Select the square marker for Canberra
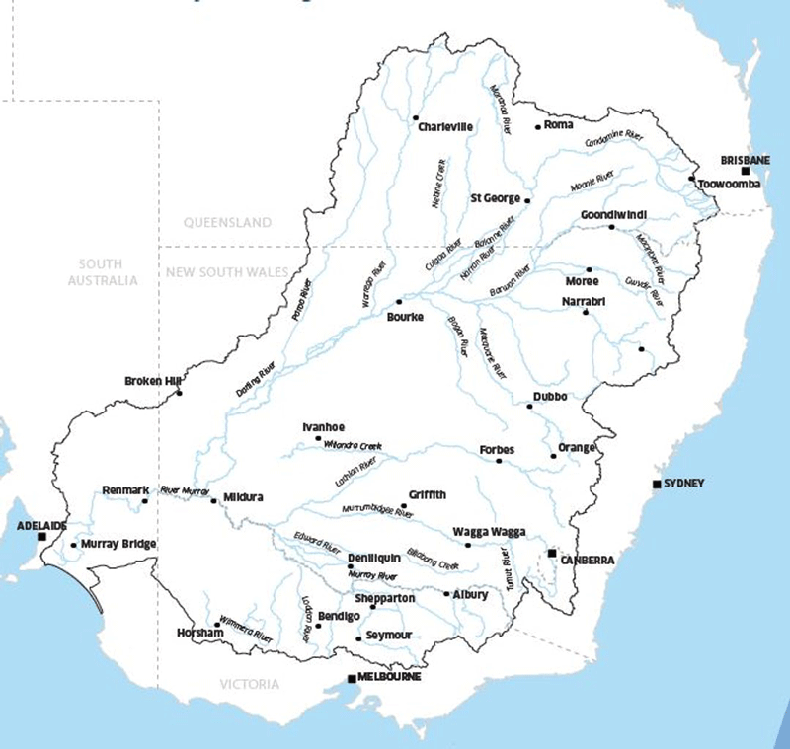click(x=553, y=553)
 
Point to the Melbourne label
click(x=391, y=677)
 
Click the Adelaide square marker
click(x=41, y=537)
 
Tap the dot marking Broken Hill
click(x=179, y=393)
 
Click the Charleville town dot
click(x=416, y=117)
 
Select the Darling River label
click(x=254, y=378)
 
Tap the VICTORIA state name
click(x=249, y=684)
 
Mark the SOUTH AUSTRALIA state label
click(x=102, y=272)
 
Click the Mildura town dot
click(x=213, y=500)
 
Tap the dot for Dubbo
click(x=529, y=406)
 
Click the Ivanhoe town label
click(x=323, y=426)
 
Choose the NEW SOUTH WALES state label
click(x=227, y=272)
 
